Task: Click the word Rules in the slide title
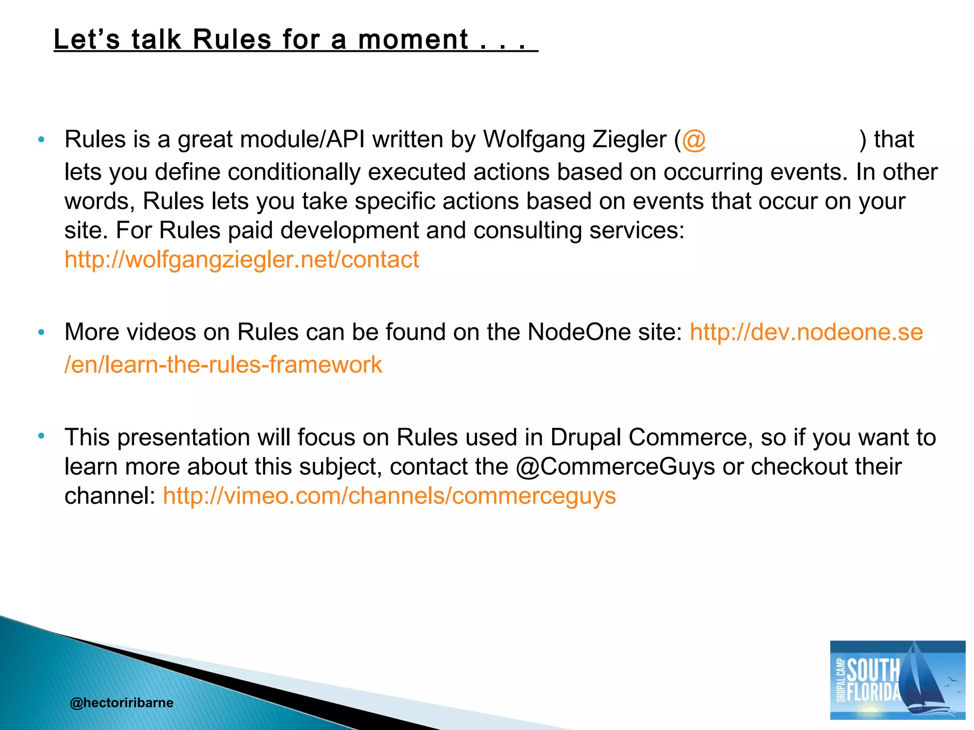[232, 39]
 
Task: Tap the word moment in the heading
[413, 39]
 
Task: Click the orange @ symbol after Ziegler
[694, 140]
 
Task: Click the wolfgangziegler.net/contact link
[242, 260]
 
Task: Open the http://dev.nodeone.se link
[806, 332]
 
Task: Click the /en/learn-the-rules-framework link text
[223, 365]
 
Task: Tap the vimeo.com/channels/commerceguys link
[389, 496]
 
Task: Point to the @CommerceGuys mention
[615, 467]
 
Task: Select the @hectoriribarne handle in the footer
[121, 702]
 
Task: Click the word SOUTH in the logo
[874, 670]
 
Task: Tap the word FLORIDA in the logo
[874, 692]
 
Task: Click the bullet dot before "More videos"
[41, 332]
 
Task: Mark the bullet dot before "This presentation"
[41, 435]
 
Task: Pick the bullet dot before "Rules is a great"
[41, 140]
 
